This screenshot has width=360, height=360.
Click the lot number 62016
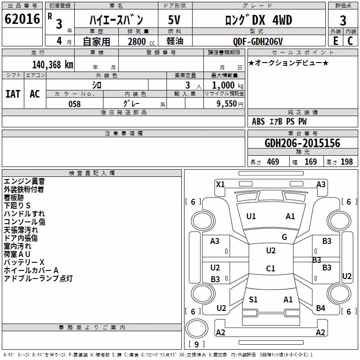click(x=22, y=19)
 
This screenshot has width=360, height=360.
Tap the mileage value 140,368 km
click(x=53, y=65)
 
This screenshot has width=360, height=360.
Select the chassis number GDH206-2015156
click(x=302, y=143)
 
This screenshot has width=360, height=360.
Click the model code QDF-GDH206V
click(x=257, y=41)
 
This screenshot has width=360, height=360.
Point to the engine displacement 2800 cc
click(x=141, y=41)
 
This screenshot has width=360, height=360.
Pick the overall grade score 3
click(x=343, y=20)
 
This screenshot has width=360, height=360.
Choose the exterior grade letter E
click(x=335, y=41)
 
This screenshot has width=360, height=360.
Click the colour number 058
click(x=75, y=104)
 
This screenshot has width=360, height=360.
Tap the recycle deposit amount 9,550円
click(x=230, y=104)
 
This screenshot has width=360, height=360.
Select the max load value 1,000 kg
click(x=228, y=85)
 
